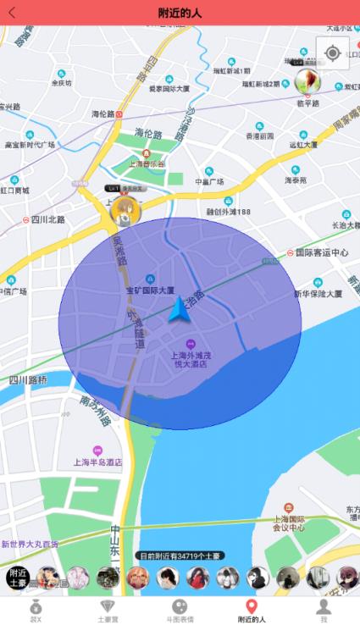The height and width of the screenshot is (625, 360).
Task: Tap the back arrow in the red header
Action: [x=12, y=12]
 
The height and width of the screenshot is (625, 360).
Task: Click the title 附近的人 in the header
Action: [x=180, y=12]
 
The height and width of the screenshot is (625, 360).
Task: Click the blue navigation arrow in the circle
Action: [x=180, y=310]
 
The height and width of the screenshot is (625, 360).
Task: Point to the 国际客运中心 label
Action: [x=322, y=252]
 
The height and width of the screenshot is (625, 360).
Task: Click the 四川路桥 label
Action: [x=28, y=380]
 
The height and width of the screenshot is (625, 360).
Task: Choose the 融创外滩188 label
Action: [x=229, y=211]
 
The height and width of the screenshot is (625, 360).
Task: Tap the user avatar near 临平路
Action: [x=307, y=80]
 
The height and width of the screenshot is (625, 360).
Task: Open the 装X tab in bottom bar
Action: [x=36, y=611]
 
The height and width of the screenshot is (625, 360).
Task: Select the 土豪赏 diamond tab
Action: [x=108, y=611]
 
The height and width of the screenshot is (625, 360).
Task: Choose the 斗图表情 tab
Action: [x=180, y=611]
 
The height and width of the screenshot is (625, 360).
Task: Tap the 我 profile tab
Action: [x=323, y=611]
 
